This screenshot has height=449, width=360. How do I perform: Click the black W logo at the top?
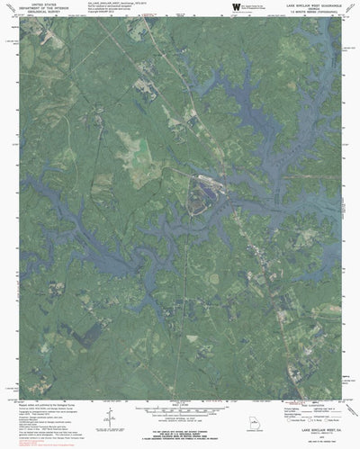click(236, 6)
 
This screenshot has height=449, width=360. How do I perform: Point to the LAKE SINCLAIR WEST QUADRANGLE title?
click(302, 4)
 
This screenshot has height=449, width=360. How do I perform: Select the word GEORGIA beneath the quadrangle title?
click(302, 8)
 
